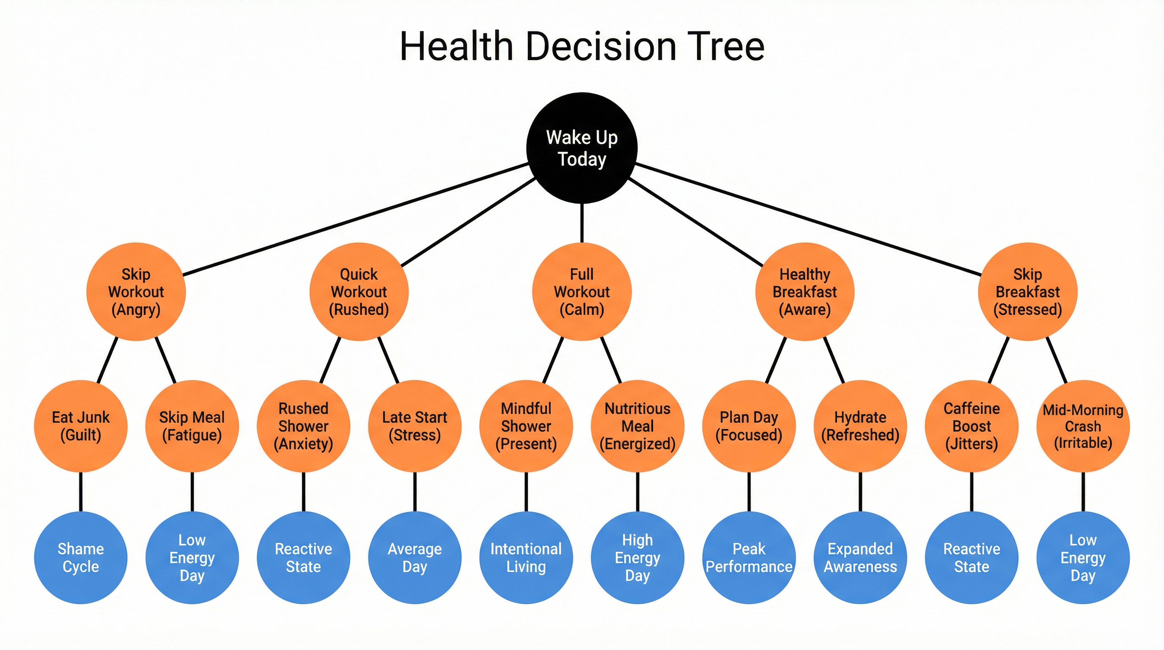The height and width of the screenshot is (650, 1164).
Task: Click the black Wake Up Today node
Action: [582, 148]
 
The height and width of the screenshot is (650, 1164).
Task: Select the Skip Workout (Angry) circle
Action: [136, 292]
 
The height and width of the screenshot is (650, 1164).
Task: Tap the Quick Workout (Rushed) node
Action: [359, 292]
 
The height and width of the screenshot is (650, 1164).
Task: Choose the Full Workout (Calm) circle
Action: [582, 292]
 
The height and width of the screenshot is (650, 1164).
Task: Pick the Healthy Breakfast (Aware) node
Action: [805, 292]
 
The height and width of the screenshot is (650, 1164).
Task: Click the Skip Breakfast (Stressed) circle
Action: [1027, 292]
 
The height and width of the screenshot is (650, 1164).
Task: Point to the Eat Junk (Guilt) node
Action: [80, 426]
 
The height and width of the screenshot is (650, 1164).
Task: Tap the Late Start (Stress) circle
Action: [415, 426]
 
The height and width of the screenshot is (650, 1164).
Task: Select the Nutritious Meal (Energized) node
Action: [637, 426]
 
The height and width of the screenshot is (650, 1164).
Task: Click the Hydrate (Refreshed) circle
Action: [860, 426]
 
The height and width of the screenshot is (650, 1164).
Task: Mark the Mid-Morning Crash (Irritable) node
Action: [1083, 426]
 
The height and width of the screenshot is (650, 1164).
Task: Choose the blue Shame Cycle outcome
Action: [80, 557]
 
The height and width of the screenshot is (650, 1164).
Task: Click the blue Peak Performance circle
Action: [749, 557]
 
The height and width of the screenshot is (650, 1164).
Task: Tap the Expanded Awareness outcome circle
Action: [860, 557]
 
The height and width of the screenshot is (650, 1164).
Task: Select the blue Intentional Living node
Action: [526, 557]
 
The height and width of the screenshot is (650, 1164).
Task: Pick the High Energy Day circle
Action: [637, 557]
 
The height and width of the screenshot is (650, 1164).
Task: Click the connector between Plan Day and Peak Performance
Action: [749, 492]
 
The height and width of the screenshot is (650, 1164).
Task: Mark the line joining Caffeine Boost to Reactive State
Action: [972, 492]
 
